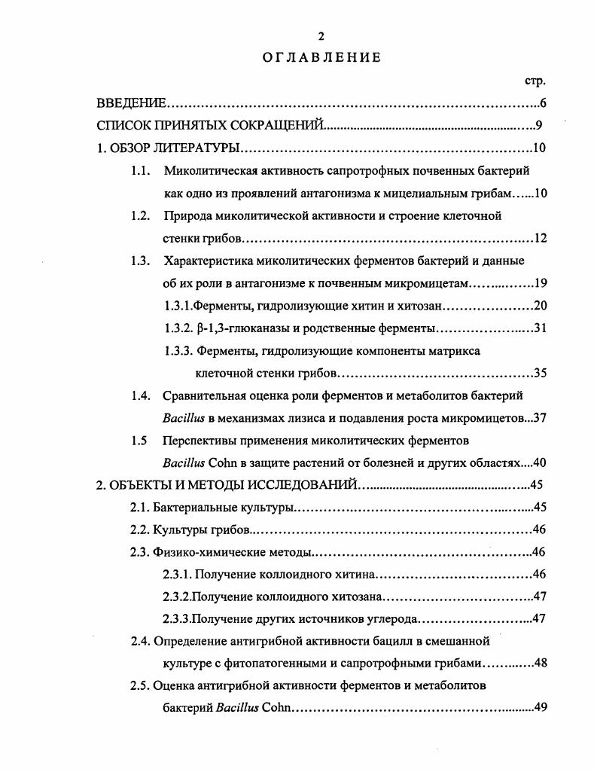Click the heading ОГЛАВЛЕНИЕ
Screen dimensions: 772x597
point(311,57)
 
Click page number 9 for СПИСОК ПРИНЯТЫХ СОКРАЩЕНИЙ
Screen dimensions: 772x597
point(540,125)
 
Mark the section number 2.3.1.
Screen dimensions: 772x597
point(178,575)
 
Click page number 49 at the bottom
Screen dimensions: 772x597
point(540,708)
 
